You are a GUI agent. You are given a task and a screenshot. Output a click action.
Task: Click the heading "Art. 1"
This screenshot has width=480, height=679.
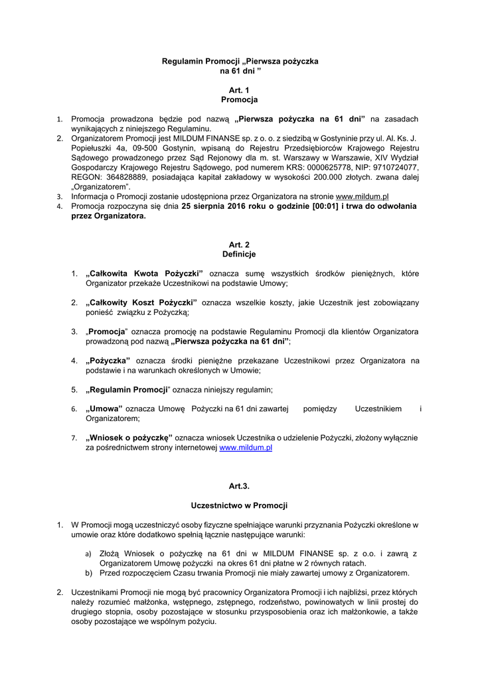pyautogui.click(x=240, y=90)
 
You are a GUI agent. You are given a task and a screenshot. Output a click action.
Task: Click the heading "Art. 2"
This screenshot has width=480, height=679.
pyautogui.click(x=240, y=244)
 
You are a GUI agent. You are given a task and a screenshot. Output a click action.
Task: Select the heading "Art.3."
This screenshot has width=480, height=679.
pyautogui.click(x=240, y=486)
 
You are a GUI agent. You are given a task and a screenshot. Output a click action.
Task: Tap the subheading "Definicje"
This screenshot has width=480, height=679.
pyautogui.click(x=240, y=254)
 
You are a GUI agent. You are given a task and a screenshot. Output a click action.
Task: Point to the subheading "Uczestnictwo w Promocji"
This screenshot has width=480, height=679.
pyautogui.click(x=240, y=506)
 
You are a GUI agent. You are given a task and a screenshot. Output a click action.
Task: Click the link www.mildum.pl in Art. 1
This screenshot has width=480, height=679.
pyautogui.click(x=362, y=197)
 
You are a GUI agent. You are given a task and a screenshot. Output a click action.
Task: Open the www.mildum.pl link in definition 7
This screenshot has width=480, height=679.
pyautogui.click(x=246, y=448)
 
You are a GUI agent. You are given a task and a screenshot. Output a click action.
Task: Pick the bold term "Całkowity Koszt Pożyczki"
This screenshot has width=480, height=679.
pyautogui.click(x=142, y=302)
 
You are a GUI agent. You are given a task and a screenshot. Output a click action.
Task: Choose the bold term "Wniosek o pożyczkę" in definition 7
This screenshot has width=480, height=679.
pyautogui.click(x=129, y=438)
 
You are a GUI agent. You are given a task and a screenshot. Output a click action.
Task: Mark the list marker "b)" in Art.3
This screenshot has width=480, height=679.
pyautogui.click(x=88, y=573)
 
